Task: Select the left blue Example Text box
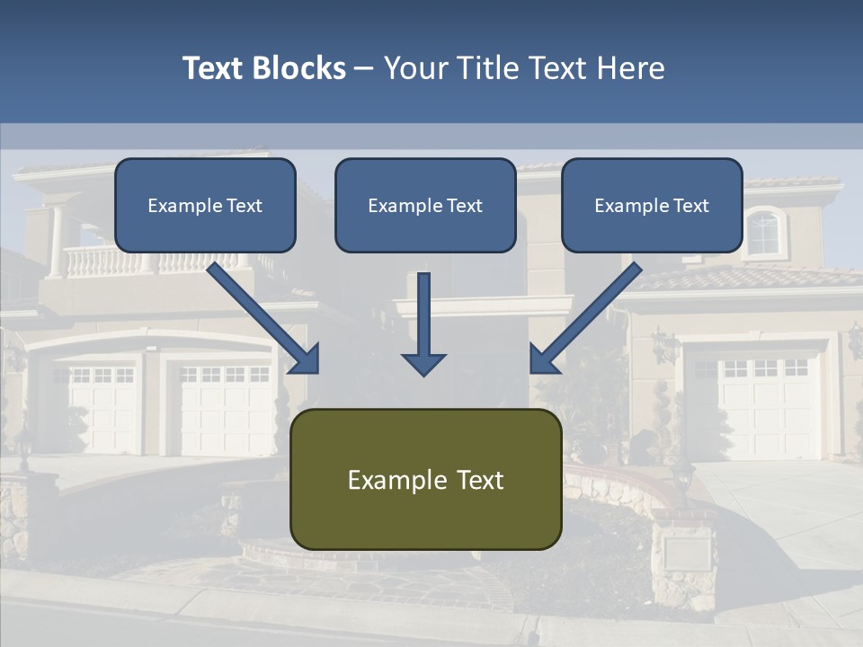pyautogui.click(x=205, y=205)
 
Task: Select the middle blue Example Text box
pyautogui.click(x=425, y=205)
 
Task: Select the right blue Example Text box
pyautogui.click(x=652, y=205)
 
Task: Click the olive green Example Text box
pyautogui.click(x=425, y=479)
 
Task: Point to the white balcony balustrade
pyautogui.click(x=99, y=261)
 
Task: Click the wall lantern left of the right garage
pyautogui.click(x=663, y=345)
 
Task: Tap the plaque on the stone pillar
pyautogui.click(x=687, y=550)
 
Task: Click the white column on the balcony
pyautogui.click(x=57, y=241)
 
